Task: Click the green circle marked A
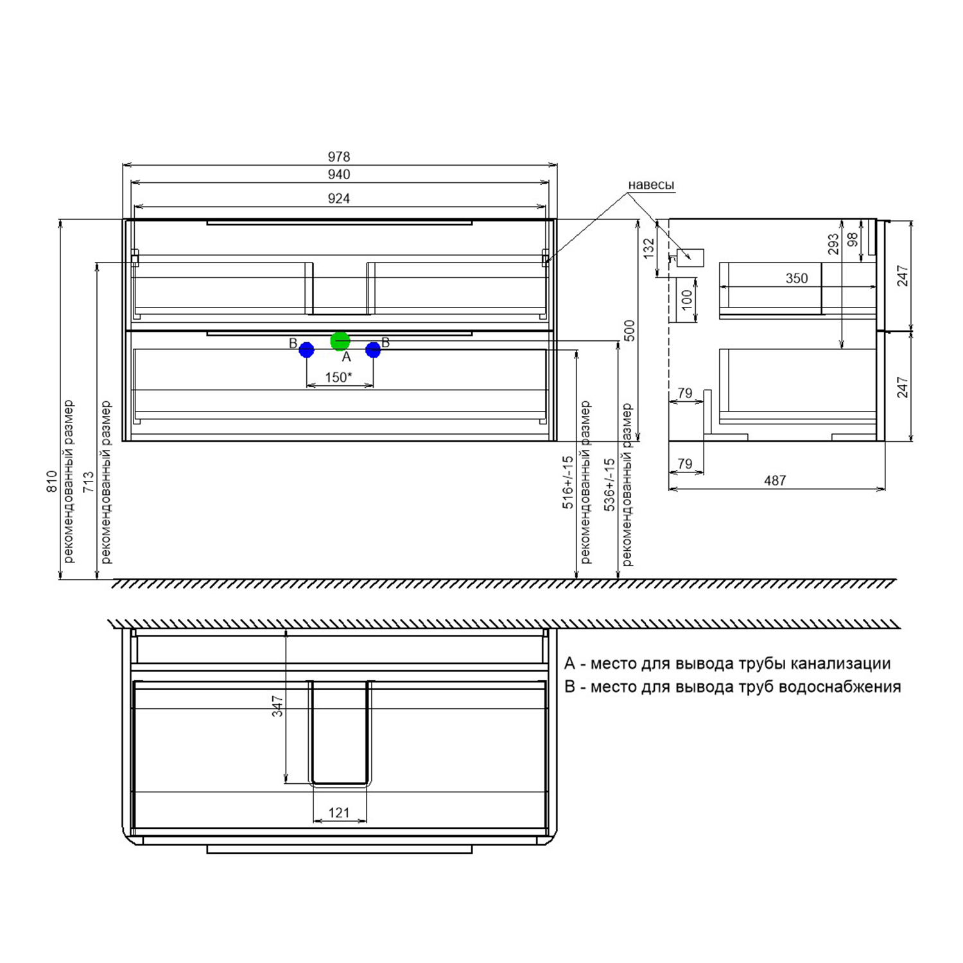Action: [340, 341]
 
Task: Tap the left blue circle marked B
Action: [306, 350]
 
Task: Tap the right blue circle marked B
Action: [373, 350]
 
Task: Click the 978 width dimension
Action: [339, 157]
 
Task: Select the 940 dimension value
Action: [339, 175]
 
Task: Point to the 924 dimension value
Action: [339, 198]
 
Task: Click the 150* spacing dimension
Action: [338, 377]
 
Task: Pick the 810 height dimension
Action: [52, 481]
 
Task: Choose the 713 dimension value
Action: [88, 481]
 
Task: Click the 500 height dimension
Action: [629, 331]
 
